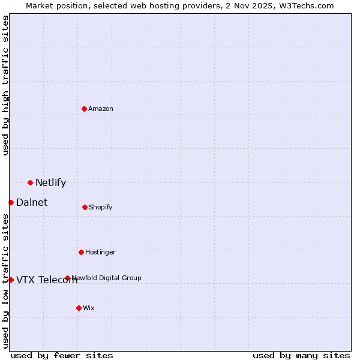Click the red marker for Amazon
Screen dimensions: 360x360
point(84,109)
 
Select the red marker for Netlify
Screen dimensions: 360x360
point(30,182)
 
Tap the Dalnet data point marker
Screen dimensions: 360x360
point(11,202)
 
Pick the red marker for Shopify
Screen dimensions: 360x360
point(85,207)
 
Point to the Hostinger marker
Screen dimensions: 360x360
point(81,252)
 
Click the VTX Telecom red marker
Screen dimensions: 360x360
point(11,280)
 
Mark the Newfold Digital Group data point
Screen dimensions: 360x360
point(67,278)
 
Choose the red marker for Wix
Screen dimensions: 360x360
point(79,308)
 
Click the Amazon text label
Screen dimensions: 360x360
point(101,109)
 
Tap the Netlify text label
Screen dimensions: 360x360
point(50,182)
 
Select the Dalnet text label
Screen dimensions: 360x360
point(32,202)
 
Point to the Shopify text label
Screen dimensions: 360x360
point(101,207)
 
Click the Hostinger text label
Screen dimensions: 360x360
point(100,252)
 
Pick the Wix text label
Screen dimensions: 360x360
point(89,308)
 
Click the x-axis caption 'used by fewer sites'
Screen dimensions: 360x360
point(62,355)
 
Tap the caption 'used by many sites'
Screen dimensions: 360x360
point(301,355)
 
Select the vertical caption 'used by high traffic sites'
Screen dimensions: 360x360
point(5,85)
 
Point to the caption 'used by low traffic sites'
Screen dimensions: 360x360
point(5,281)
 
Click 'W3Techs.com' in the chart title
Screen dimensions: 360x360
point(306,5)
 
